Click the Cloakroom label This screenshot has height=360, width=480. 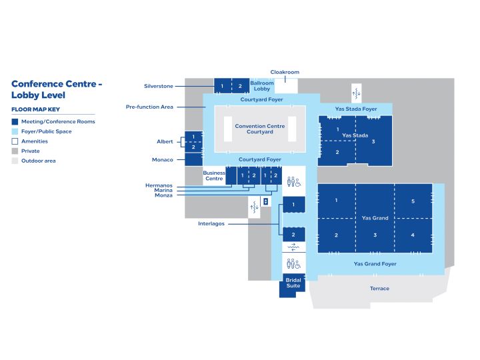point(285,72)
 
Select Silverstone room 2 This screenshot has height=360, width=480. point(240,86)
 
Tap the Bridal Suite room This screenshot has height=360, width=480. point(293,285)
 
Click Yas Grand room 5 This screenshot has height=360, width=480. point(413,201)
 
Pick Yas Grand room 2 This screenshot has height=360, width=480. point(337,235)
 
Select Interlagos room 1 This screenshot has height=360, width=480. point(293,205)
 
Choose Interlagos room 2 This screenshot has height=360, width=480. point(293,235)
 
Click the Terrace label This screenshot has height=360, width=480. point(379,289)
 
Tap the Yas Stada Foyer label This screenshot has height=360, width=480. point(356,109)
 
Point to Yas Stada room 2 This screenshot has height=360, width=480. point(337,153)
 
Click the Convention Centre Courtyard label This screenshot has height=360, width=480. point(260,129)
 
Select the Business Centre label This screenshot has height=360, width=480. point(214,176)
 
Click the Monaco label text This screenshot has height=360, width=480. point(163,160)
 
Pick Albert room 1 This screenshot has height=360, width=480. point(193,137)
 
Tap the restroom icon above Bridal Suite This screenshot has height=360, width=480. point(293,263)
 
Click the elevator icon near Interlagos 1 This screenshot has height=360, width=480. point(266,201)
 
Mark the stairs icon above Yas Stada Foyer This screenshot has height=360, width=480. point(356,93)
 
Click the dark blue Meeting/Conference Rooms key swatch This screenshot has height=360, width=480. point(15,122)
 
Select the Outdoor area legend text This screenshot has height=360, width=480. point(39,161)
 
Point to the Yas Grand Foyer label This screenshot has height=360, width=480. point(375,264)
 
